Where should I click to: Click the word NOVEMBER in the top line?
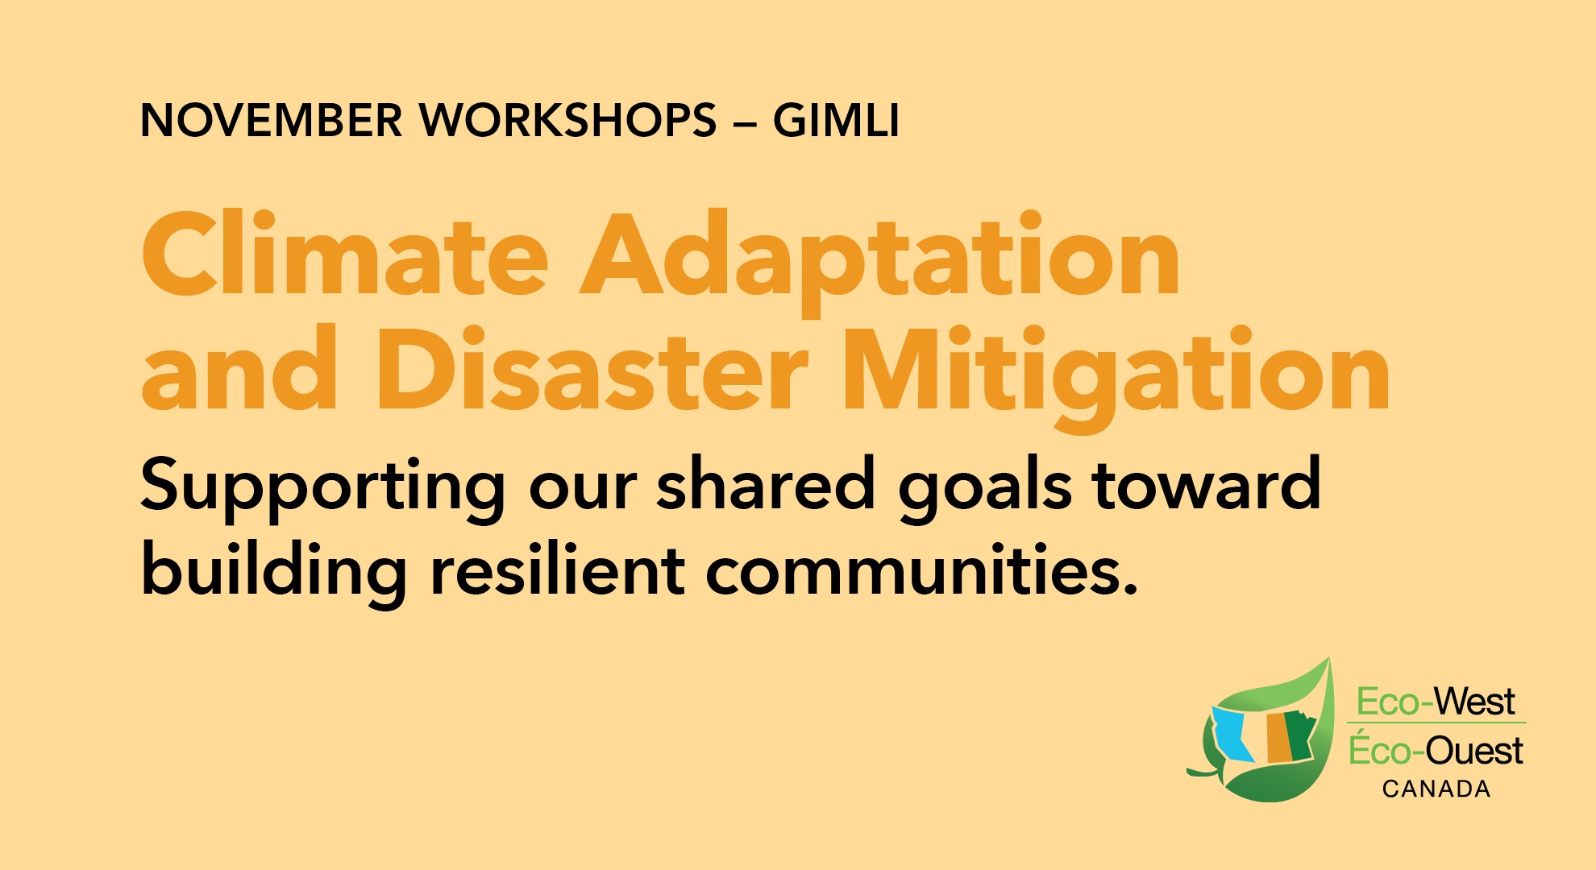click(x=272, y=121)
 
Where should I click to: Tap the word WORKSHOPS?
click(x=568, y=121)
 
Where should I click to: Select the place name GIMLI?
click(x=836, y=121)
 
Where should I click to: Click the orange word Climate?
click(x=345, y=253)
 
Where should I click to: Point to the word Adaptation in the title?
click(x=880, y=263)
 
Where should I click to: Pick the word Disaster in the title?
click(x=592, y=370)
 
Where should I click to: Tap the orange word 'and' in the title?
click(x=239, y=370)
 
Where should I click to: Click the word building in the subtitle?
click(x=274, y=573)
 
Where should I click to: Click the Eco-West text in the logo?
click(x=1436, y=702)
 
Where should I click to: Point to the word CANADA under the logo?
click(x=1436, y=789)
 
